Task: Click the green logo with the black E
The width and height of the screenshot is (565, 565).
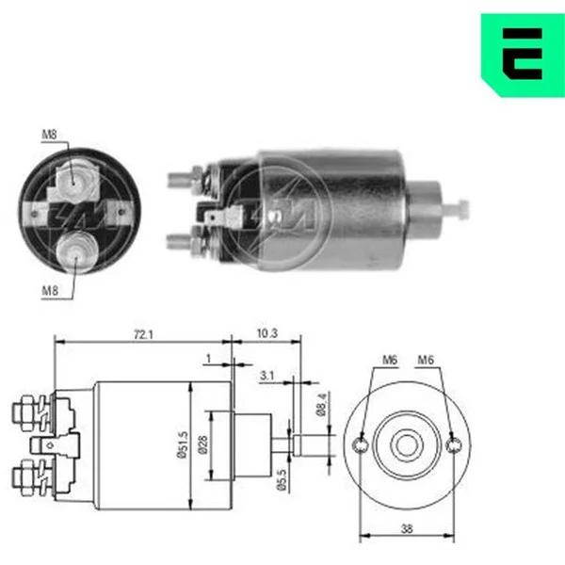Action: click(x=523, y=55)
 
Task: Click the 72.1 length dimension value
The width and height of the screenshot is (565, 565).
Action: click(x=143, y=334)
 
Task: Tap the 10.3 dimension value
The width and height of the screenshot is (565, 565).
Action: click(x=267, y=333)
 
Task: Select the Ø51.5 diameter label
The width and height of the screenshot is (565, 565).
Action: click(x=183, y=444)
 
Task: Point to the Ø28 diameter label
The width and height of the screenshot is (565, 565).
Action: click(x=202, y=445)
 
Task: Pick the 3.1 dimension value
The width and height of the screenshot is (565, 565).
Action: click(x=267, y=376)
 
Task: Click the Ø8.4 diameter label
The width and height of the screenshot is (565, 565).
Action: click(x=322, y=404)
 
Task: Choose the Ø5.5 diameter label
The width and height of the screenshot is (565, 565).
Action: click(x=282, y=480)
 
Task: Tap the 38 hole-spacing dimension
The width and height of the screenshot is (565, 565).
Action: click(x=407, y=529)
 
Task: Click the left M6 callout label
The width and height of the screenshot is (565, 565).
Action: click(x=390, y=360)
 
